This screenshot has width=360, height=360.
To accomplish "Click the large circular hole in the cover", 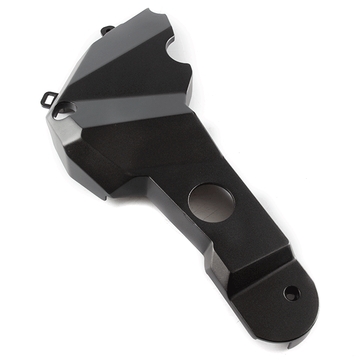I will pos(211,203).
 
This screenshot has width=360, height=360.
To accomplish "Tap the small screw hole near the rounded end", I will pos(291,293).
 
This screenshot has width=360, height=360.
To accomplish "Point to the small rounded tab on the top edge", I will pos(107,30).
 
